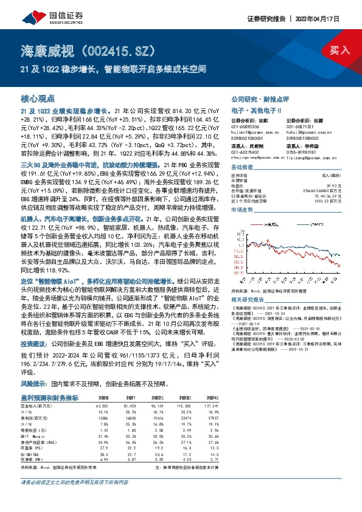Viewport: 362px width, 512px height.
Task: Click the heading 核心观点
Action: pos(38,98)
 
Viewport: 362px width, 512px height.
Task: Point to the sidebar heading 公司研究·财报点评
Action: pos(260,99)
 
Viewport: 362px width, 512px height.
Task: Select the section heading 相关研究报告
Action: pos(248,301)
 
